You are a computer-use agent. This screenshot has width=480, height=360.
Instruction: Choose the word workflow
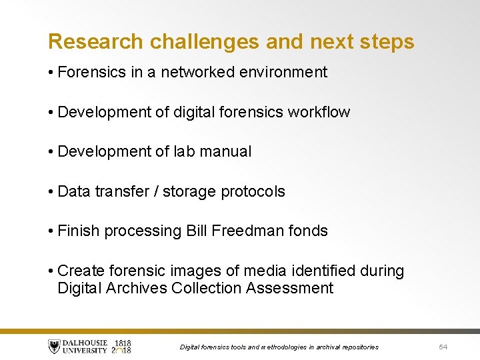point(319,112)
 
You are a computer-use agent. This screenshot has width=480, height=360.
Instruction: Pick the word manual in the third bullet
point(226,151)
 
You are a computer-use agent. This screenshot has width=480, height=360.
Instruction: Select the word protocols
point(253,191)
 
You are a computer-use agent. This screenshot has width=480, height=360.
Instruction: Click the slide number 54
point(443,347)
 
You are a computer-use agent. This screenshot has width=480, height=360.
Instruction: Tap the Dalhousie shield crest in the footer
point(54,346)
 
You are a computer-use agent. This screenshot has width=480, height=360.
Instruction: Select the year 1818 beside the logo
point(123,341)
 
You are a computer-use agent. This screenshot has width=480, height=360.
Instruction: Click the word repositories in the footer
point(359,347)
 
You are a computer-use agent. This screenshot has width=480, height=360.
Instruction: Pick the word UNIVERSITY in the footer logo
point(85,351)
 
